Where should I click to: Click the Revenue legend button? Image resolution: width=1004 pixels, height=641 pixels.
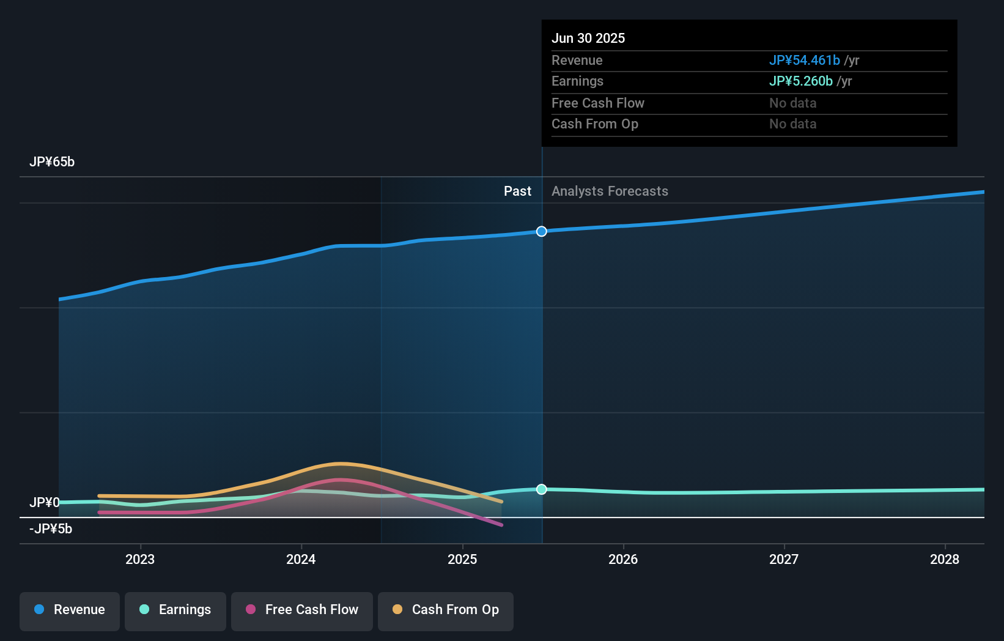pyautogui.click(x=70, y=610)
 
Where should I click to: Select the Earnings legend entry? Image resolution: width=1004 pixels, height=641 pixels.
pyautogui.click(x=175, y=610)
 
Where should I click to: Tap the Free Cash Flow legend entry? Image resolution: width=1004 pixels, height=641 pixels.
pyautogui.click(x=302, y=610)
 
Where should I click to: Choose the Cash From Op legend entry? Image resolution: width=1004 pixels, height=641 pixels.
pyautogui.click(x=446, y=610)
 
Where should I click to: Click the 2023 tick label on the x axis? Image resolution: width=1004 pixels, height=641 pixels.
pyautogui.click(x=140, y=559)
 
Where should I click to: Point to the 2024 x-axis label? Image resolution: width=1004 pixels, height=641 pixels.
pyautogui.click(x=301, y=559)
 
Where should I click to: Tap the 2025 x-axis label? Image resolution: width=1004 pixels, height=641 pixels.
pyautogui.click(x=462, y=559)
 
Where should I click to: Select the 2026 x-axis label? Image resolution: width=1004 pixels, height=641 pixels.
pyautogui.click(x=623, y=559)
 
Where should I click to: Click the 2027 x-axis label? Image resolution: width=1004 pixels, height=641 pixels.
pyautogui.click(x=784, y=559)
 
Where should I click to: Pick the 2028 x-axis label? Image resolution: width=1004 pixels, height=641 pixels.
pyautogui.click(x=945, y=559)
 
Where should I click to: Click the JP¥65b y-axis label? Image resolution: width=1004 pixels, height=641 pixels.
pyautogui.click(x=52, y=162)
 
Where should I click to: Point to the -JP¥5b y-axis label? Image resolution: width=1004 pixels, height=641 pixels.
pyautogui.click(x=51, y=529)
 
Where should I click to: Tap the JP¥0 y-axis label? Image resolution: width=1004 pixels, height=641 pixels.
pyautogui.click(x=45, y=503)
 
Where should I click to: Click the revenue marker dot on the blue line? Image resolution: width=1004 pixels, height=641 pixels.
pyautogui.click(x=542, y=231)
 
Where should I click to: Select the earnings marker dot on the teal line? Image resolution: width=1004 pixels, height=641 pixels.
pyautogui.click(x=542, y=489)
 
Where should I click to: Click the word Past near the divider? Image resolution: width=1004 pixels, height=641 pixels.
pyautogui.click(x=517, y=191)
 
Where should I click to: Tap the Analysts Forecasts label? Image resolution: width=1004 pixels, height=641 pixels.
pyautogui.click(x=610, y=191)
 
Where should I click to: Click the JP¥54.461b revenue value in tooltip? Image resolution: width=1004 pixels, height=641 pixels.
pyautogui.click(x=804, y=61)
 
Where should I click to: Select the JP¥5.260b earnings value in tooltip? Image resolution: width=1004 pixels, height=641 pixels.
pyautogui.click(x=800, y=81)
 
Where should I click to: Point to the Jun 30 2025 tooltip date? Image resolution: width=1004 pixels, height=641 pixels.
pyautogui.click(x=588, y=39)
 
